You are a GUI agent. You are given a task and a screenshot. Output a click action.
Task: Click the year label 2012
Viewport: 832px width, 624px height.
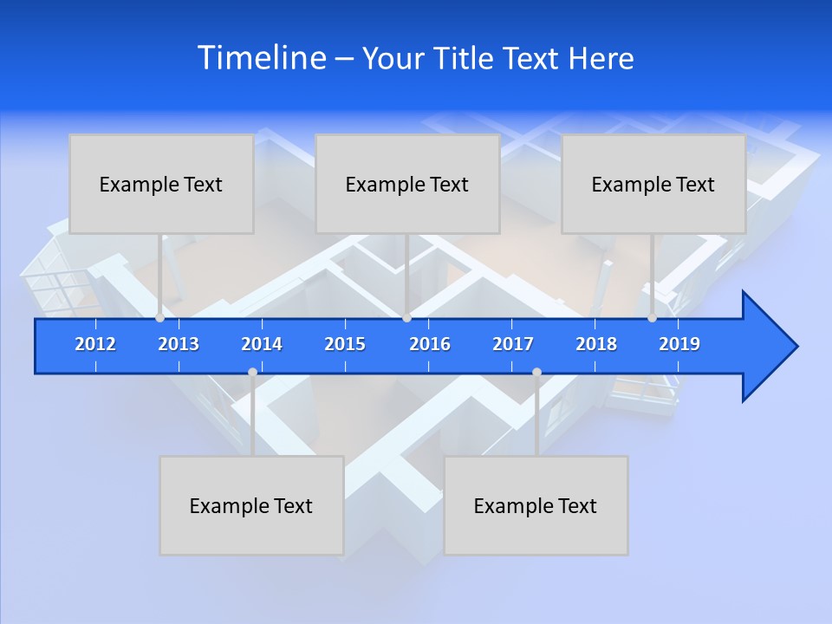pyautogui.click(x=95, y=344)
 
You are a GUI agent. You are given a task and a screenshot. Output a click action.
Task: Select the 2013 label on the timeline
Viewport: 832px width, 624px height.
pyautogui.click(x=179, y=344)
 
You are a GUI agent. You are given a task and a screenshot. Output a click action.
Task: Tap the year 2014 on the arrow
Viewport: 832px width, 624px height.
pyautogui.click(x=262, y=344)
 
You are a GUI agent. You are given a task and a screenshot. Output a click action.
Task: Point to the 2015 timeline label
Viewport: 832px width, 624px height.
pyautogui.click(x=345, y=344)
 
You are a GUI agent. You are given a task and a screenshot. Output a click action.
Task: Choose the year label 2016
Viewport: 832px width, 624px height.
pyautogui.click(x=430, y=344)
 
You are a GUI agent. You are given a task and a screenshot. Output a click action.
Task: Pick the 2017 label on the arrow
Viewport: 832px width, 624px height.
pyautogui.click(x=513, y=344)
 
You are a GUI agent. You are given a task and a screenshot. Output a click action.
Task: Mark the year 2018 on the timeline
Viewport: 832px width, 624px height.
pyautogui.click(x=596, y=344)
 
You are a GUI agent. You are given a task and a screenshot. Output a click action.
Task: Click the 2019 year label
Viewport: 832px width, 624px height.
pyautogui.click(x=679, y=344)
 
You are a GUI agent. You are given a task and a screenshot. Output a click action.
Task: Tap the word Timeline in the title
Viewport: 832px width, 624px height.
pyautogui.click(x=260, y=58)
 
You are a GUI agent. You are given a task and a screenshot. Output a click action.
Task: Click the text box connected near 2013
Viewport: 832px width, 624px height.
pyautogui.click(x=161, y=184)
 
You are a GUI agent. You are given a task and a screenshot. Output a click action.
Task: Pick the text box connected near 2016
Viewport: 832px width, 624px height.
pyautogui.click(x=407, y=184)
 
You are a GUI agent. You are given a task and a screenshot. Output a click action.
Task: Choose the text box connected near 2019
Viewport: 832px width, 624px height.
pyautogui.click(x=653, y=184)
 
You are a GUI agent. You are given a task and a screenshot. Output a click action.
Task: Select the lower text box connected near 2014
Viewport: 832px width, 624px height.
pyautogui.click(x=251, y=505)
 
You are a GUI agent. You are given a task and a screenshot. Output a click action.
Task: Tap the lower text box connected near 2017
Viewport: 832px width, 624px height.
pyautogui.click(x=536, y=505)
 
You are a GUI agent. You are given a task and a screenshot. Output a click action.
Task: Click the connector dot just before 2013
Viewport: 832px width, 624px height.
pyautogui.click(x=160, y=318)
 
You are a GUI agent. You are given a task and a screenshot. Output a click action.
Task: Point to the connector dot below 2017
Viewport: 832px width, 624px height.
pyautogui.click(x=536, y=372)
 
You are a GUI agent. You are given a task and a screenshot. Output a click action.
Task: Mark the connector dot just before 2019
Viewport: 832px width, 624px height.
pyautogui.click(x=652, y=318)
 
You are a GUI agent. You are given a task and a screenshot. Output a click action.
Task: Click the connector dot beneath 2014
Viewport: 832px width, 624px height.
pyautogui.click(x=252, y=372)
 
